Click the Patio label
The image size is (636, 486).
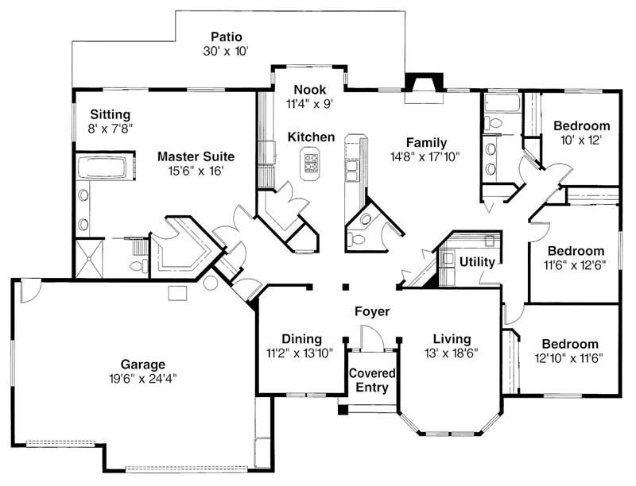(x=226, y=37)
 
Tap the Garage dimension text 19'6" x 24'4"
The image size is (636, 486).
(x=143, y=379)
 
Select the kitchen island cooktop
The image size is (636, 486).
(x=312, y=164)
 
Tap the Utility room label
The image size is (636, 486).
(x=477, y=261)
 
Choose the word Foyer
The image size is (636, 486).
(x=372, y=312)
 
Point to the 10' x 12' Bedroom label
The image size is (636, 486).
(x=581, y=125)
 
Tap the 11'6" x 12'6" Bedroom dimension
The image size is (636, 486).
(x=575, y=265)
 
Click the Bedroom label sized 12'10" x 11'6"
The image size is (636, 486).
(x=569, y=344)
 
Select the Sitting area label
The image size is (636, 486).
(x=110, y=114)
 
